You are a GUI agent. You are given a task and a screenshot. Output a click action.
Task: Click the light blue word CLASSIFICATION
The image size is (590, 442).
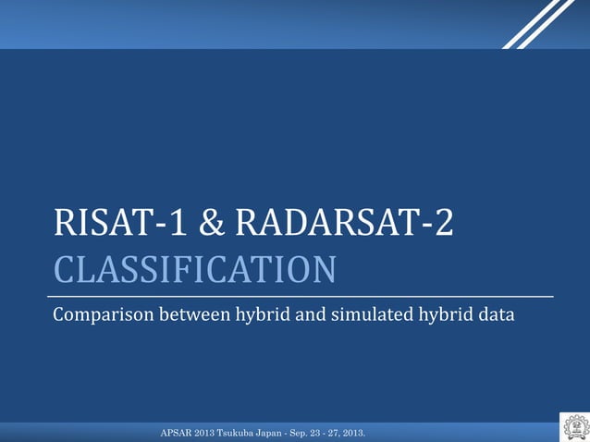pyautogui.click(x=194, y=270)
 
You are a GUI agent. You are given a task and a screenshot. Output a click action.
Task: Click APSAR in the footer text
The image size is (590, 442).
pyautogui.click(x=177, y=433)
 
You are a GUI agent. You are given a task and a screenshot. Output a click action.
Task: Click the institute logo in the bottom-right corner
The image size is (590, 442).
pyautogui.click(x=574, y=427)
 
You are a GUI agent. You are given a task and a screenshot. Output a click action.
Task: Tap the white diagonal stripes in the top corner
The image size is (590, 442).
pyautogui.click(x=539, y=23)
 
